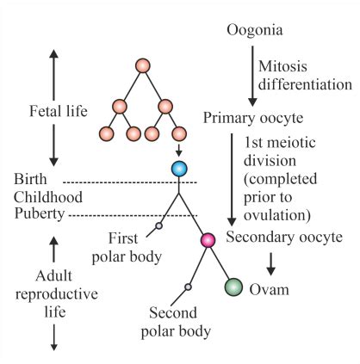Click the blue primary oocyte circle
click(179, 168)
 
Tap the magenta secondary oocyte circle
click(207, 240)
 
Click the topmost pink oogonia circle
click(143, 66)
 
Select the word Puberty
click(40, 213)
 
